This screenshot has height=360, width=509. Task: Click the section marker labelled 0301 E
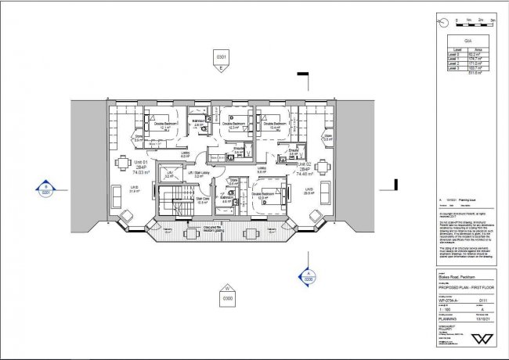(x=222, y=59)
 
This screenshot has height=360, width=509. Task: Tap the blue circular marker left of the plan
(x=45, y=188)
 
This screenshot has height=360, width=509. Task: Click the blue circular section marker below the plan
(x=308, y=274)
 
